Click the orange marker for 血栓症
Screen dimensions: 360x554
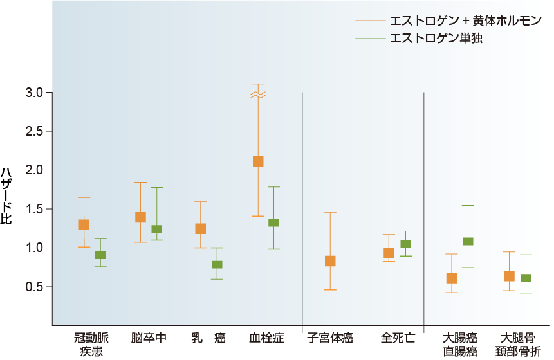258,161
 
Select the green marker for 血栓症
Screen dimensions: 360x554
273,223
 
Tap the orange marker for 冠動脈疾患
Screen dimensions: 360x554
84,225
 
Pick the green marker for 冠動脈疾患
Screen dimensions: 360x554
100,255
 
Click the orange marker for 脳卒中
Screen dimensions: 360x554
140,217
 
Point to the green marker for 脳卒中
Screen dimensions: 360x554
156,229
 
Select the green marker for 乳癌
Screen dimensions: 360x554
217,264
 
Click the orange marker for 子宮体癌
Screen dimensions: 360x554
330,261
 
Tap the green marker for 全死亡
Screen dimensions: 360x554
405,244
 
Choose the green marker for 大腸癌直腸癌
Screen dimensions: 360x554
468,242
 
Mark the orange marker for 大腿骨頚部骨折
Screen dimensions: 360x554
509,276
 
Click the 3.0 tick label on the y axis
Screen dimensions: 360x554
34,93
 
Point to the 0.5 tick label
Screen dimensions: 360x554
34,287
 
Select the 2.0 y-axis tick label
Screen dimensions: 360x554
34,170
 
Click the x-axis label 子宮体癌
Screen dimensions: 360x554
330,337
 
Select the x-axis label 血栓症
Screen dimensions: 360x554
266,337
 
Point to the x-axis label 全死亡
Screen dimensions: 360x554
398,337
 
